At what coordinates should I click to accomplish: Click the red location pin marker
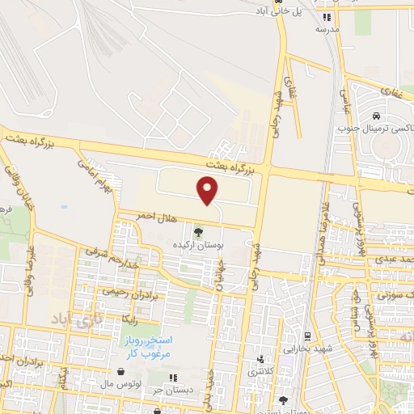[208, 190]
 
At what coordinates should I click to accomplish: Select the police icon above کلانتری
[260, 360]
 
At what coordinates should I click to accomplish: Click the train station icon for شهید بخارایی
[307, 336]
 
